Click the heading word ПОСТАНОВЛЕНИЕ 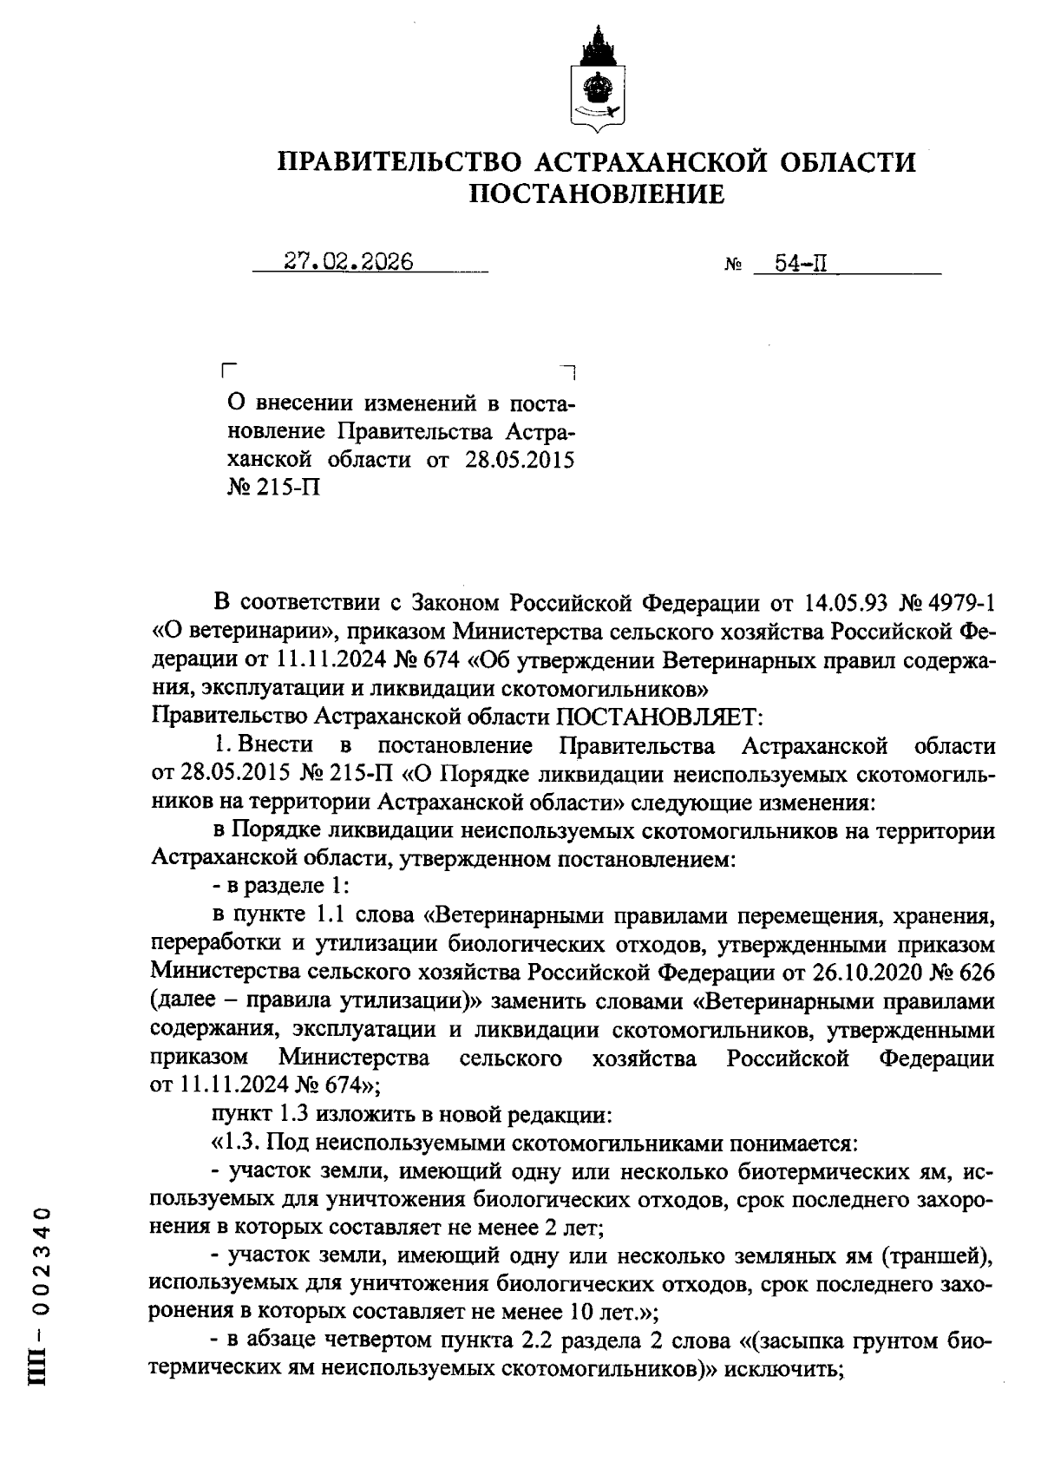pyautogui.click(x=597, y=194)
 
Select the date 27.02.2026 pyautogui.click(x=349, y=262)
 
